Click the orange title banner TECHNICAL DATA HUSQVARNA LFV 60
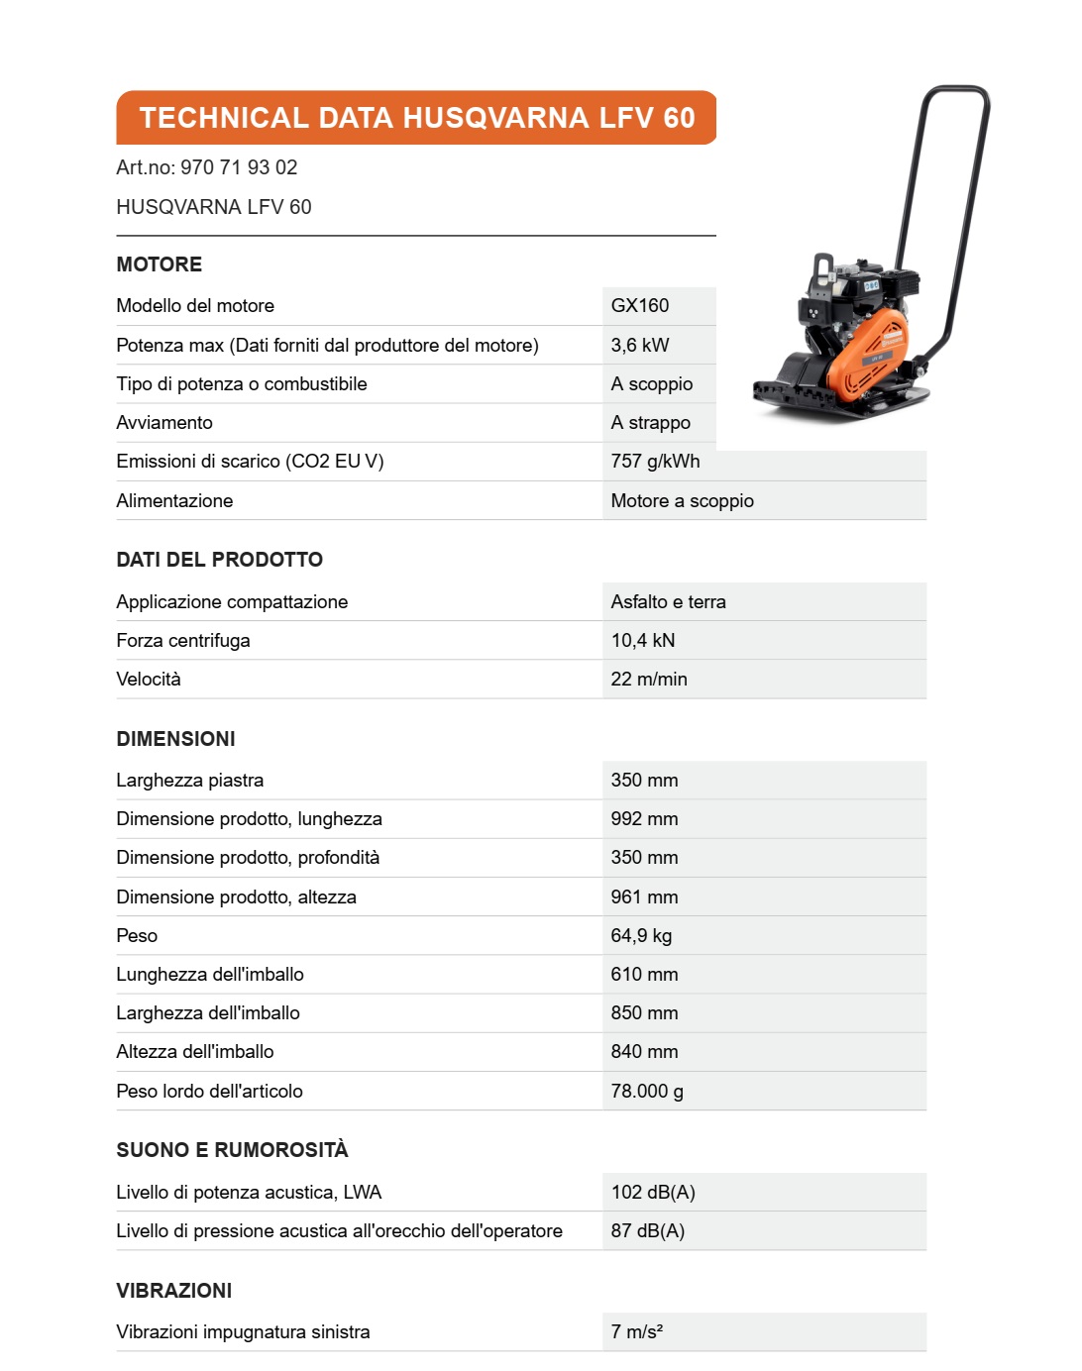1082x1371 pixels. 416,118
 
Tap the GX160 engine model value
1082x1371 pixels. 640,306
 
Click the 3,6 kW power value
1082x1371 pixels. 640,346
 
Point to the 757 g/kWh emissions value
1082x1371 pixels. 655,462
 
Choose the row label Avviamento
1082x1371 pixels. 164,423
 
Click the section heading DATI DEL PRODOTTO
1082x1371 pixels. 219,560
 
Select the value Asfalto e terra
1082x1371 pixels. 668,602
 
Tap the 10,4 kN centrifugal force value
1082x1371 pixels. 643,641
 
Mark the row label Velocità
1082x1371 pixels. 149,680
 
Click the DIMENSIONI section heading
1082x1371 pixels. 175,739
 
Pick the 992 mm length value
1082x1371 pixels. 644,819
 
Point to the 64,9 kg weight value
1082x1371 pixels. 641,936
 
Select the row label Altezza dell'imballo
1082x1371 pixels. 195,1052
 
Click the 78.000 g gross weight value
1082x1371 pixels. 647,1092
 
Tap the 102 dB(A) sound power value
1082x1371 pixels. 653,1193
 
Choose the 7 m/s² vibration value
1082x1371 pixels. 637,1332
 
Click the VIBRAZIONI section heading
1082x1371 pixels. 173,1291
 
